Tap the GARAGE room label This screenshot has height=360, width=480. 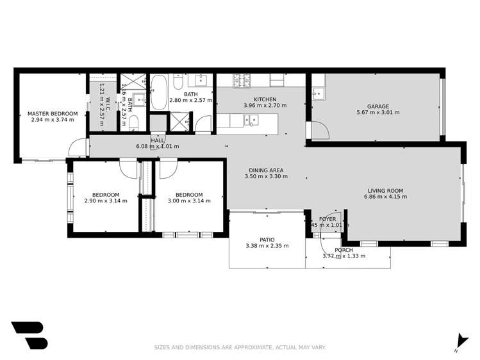[x=377, y=106]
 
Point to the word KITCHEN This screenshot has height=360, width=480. [x=265, y=99]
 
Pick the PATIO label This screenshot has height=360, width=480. [x=267, y=239]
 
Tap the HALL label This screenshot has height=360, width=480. [x=157, y=140]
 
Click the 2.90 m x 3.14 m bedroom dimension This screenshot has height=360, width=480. [x=106, y=201]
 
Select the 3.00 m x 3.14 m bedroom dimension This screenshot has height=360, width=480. [x=189, y=201]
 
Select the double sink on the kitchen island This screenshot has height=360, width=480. [x=251, y=119]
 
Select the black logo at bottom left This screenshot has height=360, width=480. [x=29, y=335]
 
